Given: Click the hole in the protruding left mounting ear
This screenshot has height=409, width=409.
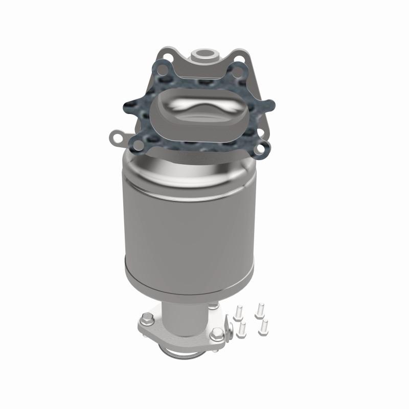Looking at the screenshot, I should coord(118,138).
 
